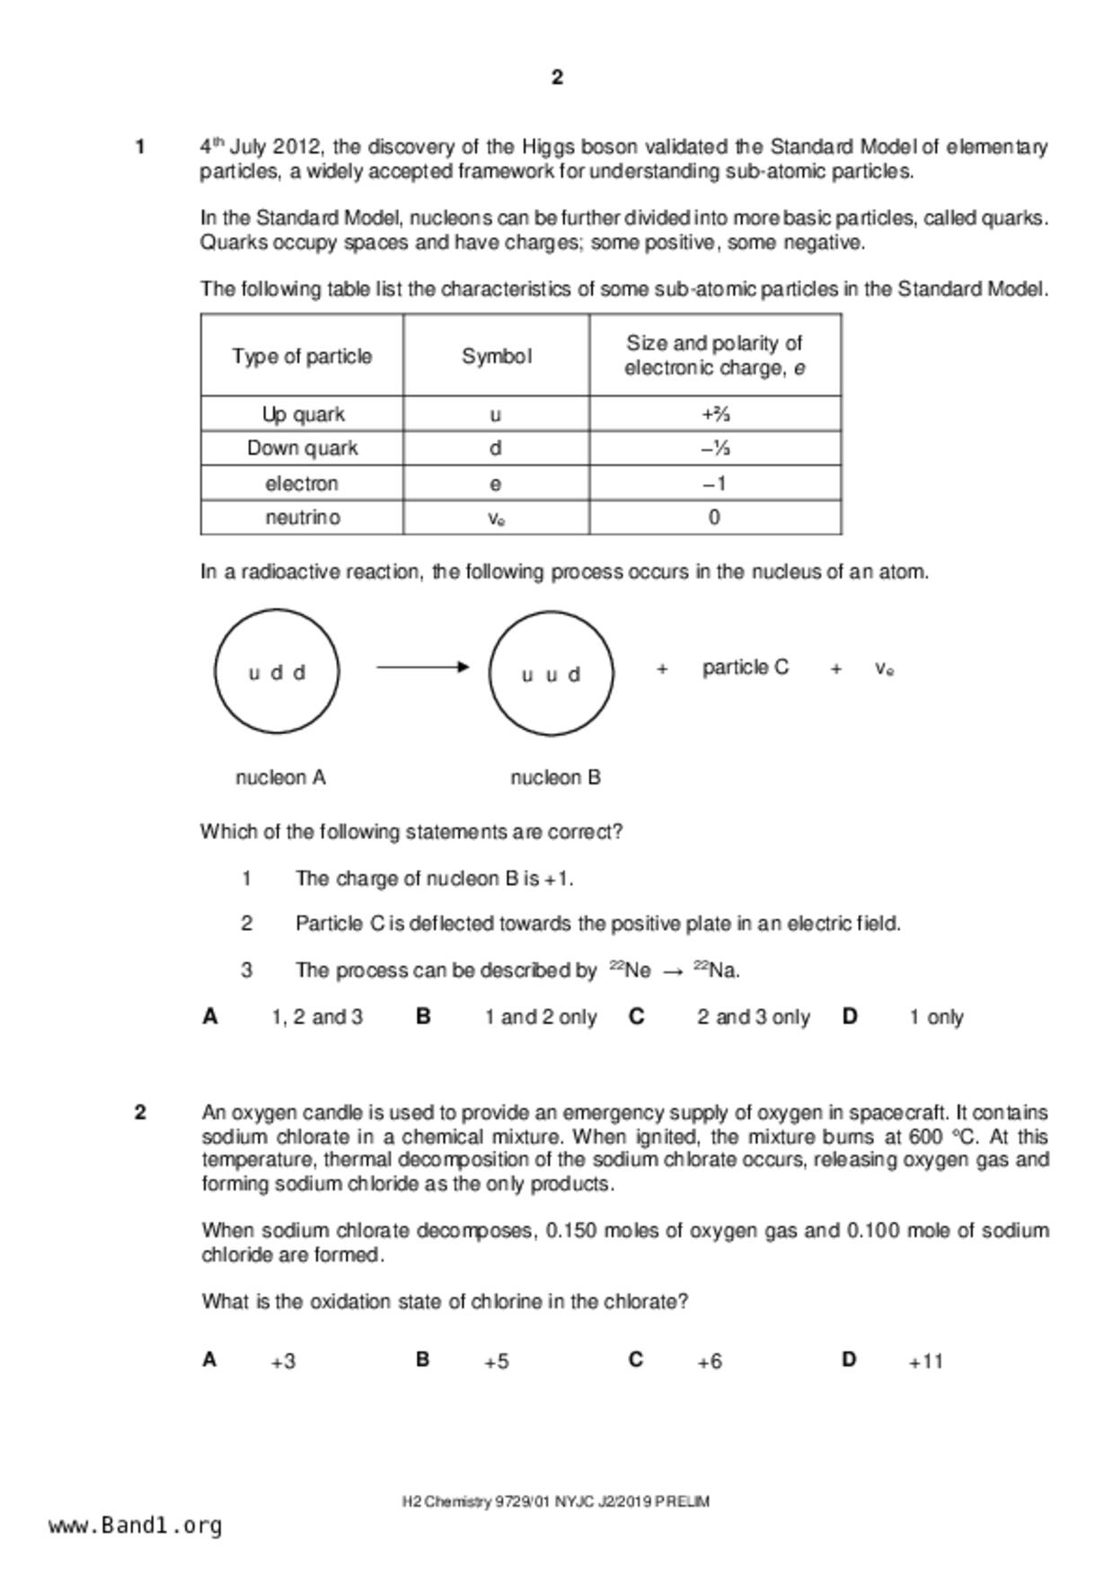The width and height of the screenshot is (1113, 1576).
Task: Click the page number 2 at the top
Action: (x=557, y=78)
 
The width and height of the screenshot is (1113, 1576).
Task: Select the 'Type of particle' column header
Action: (x=302, y=357)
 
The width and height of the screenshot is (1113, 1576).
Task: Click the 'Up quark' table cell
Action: (x=303, y=414)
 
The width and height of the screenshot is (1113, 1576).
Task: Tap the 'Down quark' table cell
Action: (x=303, y=448)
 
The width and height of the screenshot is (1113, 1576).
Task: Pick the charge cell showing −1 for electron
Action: (x=714, y=483)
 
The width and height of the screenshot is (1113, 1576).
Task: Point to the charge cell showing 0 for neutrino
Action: (x=714, y=518)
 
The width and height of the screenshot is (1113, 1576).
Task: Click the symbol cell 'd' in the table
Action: (x=495, y=448)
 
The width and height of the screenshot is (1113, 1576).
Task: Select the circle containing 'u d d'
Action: (x=277, y=671)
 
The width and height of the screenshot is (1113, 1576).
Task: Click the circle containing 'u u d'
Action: (x=551, y=673)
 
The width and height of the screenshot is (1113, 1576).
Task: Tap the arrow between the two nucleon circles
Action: (x=422, y=667)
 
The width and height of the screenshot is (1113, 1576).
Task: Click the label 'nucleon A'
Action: (x=280, y=778)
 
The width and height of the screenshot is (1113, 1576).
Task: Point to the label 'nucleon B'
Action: (x=555, y=778)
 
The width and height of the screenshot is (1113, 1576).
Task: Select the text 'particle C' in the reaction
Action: (x=745, y=668)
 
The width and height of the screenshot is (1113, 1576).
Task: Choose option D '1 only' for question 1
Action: (x=935, y=1017)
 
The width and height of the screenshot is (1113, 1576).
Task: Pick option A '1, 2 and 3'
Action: (x=316, y=1017)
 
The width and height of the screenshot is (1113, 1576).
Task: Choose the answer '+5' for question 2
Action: (x=496, y=1362)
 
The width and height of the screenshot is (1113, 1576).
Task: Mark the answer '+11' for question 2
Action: (x=925, y=1362)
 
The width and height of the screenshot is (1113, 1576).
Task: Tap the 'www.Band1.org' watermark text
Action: (x=135, y=1526)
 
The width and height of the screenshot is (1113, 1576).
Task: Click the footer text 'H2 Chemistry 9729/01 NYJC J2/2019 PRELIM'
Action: (x=555, y=1501)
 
